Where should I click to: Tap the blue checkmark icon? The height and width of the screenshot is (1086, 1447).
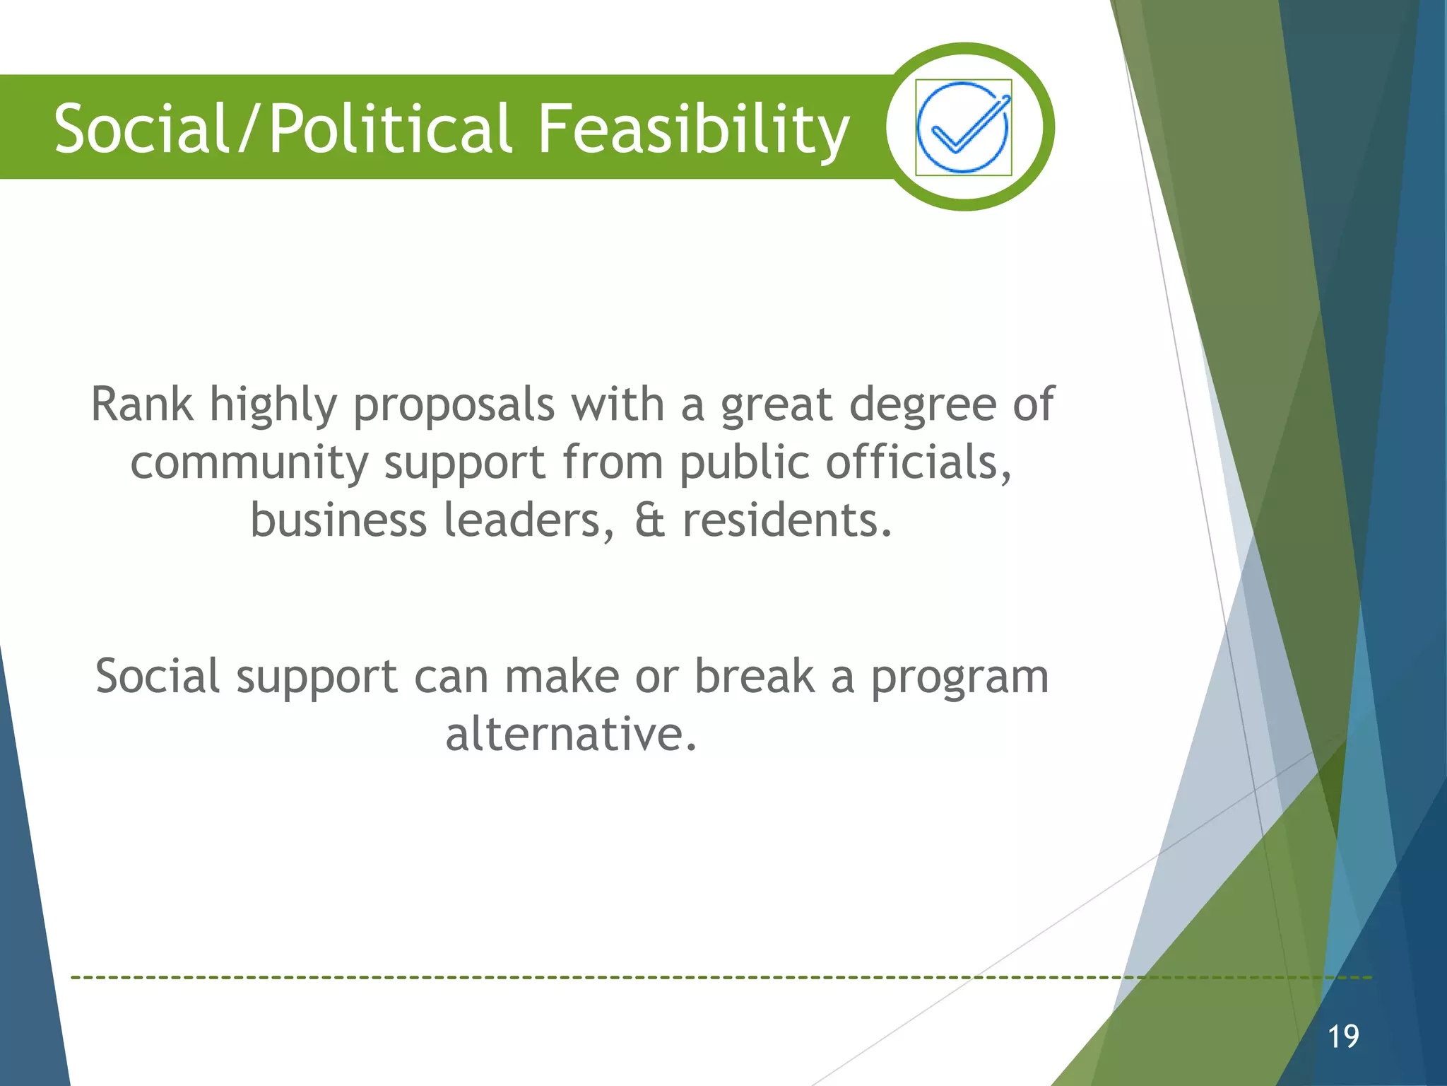963,127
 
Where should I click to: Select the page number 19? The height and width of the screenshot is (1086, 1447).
1342,1037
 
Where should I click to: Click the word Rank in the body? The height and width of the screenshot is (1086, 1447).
141,405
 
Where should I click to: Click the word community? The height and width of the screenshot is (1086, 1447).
249,463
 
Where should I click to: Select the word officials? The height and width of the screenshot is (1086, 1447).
919,463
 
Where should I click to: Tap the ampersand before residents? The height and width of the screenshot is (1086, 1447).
649,520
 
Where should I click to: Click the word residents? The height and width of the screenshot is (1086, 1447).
787,520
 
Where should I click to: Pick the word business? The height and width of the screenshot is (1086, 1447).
338,520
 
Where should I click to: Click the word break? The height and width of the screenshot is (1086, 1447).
754,677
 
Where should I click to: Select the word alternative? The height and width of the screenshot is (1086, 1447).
571,735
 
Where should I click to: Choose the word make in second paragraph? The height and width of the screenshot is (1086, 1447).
562,677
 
